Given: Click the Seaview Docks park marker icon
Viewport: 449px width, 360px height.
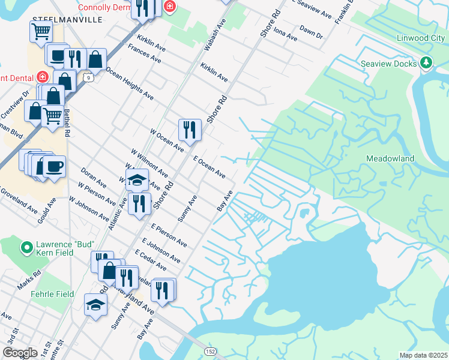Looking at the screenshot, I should coord(426,62).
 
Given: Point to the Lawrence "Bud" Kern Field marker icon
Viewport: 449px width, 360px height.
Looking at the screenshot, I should coord(26,247).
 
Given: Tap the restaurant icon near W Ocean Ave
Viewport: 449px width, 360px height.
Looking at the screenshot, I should coord(188,129).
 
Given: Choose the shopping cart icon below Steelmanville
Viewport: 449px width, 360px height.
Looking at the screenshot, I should coord(41,32).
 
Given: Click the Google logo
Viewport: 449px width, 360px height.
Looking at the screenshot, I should coord(20,353).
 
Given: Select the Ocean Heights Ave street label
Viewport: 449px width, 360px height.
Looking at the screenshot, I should coord(130,83).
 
